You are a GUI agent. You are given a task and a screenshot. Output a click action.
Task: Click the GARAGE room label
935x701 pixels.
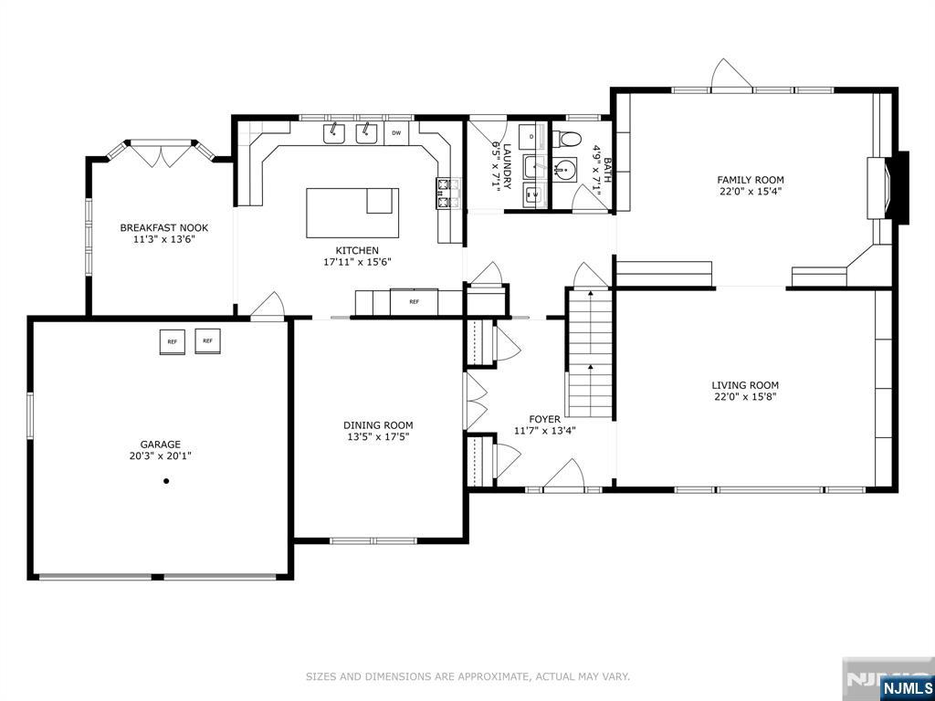click(161, 445)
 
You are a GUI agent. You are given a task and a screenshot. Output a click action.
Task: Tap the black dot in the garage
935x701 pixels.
click(166, 480)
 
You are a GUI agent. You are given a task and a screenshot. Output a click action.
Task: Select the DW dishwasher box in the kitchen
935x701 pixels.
click(396, 133)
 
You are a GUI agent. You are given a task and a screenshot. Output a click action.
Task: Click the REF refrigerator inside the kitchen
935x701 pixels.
click(414, 301)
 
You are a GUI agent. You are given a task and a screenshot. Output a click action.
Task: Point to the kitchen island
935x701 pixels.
click(352, 213)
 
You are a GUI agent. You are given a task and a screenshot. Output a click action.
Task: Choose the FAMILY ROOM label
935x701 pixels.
click(751, 180)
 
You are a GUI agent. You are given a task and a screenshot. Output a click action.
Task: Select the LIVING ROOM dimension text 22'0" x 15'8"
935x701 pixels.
click(745, 396)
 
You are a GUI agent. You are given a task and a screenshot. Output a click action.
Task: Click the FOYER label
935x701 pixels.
click(544, 419)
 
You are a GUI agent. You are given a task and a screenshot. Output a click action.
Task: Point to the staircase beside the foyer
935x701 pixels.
click(589, 353)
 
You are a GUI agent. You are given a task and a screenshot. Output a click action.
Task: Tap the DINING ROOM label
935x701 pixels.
click(378, 425)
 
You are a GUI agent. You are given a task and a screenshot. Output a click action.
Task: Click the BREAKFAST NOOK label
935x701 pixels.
click(164, 227)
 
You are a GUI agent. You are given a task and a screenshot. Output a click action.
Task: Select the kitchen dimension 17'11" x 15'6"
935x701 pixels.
click(357, 261)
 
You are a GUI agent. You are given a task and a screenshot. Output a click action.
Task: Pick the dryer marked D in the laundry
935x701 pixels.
click(532, 137)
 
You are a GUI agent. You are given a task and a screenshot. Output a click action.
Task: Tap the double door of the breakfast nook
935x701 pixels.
click(161, 153)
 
